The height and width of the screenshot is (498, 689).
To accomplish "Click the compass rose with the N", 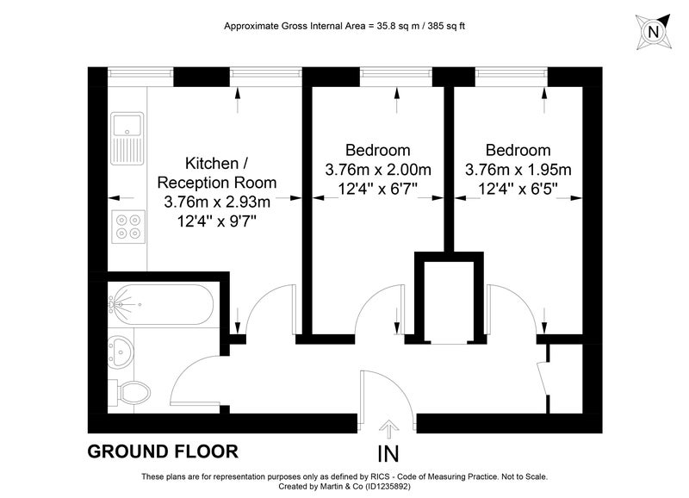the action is coord(654,32).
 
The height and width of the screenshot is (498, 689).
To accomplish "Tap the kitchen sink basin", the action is coord(127,124).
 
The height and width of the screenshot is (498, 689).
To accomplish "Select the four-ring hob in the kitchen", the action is coord(127,227).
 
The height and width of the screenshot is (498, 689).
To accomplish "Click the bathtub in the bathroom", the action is coord(161,305).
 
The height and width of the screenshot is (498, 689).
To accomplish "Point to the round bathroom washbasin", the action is coord(119,352).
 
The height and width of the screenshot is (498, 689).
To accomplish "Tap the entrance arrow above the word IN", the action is coord(388,429).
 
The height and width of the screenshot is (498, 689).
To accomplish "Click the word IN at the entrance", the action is coord(388,454).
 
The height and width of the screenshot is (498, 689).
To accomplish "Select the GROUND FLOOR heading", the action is coord(163,451).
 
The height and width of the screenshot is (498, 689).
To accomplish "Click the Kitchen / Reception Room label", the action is coord(217,172).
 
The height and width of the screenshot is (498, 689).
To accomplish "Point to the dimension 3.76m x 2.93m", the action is coord(217,202).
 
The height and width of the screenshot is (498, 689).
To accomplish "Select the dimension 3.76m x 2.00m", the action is coord(378,170).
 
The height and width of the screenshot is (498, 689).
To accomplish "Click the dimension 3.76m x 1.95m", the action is coord(518,170).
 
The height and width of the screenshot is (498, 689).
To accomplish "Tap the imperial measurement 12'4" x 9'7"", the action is coord(217,221).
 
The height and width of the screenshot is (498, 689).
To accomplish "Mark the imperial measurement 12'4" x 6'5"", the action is coord(518,189).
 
